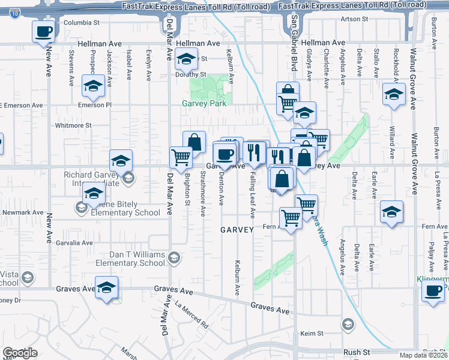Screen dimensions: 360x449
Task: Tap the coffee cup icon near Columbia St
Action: coord(44,31)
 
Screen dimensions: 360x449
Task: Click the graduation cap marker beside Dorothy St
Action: coord(187,59)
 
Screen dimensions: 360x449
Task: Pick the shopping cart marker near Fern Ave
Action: coord(291,217)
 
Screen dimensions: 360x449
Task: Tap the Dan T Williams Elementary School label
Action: coord(130,258)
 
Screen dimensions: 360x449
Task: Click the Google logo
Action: coord(20,353)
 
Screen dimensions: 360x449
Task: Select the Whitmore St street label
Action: coord(73,125)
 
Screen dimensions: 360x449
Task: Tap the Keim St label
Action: coord(312,333)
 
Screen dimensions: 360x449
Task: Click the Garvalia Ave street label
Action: coord(74,243)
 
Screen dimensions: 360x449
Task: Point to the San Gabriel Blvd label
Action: coord(295,44)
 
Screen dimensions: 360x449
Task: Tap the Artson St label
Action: coord(354,19)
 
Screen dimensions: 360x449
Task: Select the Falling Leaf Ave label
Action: coord(253,197)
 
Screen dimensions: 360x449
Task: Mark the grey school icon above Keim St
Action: coord(347,325)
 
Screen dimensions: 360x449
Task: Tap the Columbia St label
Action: coord(82,23)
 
